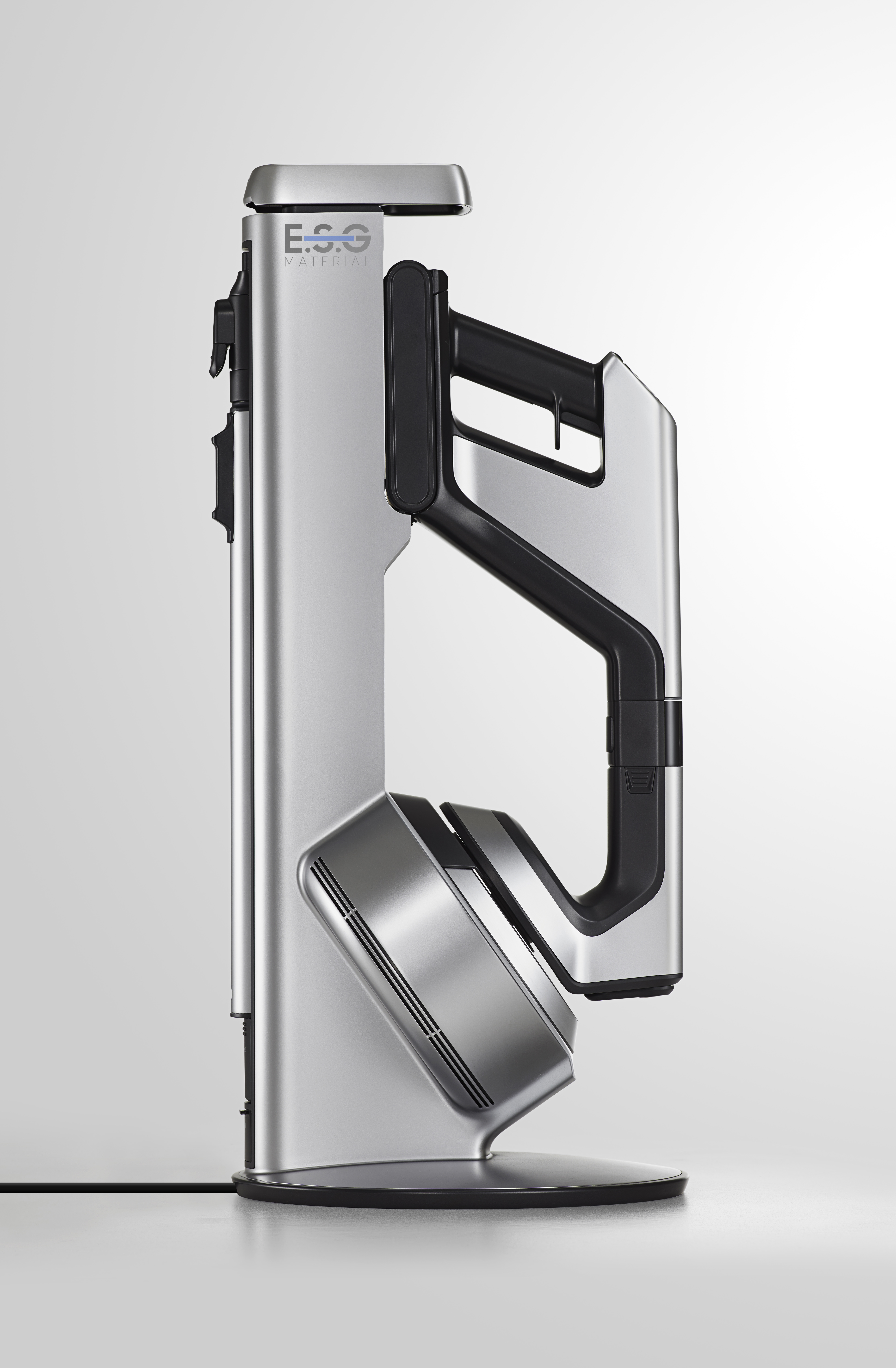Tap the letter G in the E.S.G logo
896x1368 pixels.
pos(359,239)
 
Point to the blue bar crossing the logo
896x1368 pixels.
pos(327,237)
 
